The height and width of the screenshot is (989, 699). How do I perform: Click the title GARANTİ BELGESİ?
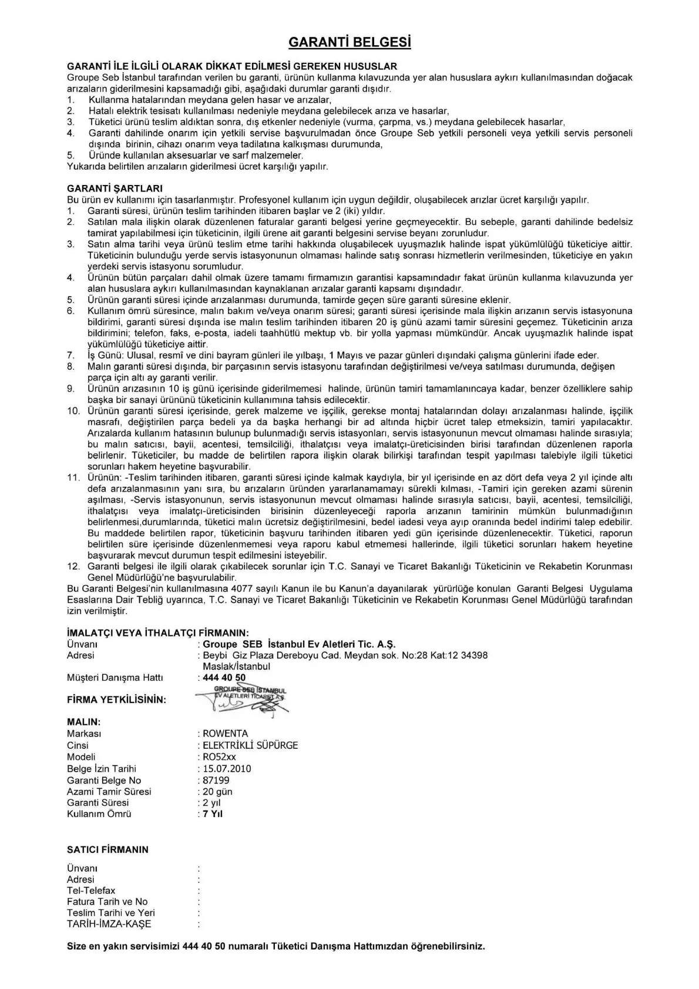click(349, 43)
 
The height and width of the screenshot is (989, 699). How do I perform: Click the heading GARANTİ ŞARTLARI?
click(115, 189)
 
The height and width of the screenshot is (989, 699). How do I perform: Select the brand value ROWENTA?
click(225, 734)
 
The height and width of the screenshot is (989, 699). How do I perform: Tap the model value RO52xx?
click(219, 757)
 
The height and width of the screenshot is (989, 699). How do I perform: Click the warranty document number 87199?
click(216, 781)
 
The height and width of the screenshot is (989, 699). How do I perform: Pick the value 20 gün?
click(217, 792)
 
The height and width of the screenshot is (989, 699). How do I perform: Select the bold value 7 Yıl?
click(213, 814)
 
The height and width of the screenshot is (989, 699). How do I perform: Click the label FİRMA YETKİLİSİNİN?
click(116, 700)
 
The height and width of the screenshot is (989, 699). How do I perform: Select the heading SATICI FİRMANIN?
click(107, 850)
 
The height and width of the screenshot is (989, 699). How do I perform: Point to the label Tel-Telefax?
click(91, 891)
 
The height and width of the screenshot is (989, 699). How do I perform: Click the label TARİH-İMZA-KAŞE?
click(109, 924)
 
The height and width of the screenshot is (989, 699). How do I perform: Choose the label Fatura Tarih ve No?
click(107, 902)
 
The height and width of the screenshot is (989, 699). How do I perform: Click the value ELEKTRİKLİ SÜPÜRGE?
click(250, 745)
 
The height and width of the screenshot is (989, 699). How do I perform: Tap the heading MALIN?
click(83, 722)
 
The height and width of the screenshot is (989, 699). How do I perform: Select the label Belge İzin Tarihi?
click(101, 769)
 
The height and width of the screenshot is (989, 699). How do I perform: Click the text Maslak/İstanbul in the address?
click(236, 667)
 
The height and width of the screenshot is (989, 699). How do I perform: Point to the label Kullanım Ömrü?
click(99, 814)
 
